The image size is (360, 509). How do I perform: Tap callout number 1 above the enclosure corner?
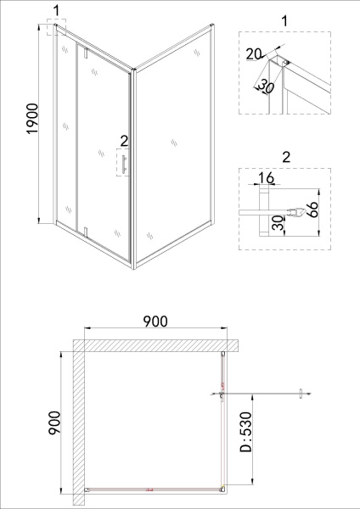(56, 10)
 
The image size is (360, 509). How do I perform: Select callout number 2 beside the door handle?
(124, 140)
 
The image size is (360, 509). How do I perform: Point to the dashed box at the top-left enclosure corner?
(56, 30)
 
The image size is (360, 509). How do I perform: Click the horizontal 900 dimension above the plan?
(154, 321)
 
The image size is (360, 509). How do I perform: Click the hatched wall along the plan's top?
(153, 346)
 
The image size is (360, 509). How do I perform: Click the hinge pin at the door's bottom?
(85, 229)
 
